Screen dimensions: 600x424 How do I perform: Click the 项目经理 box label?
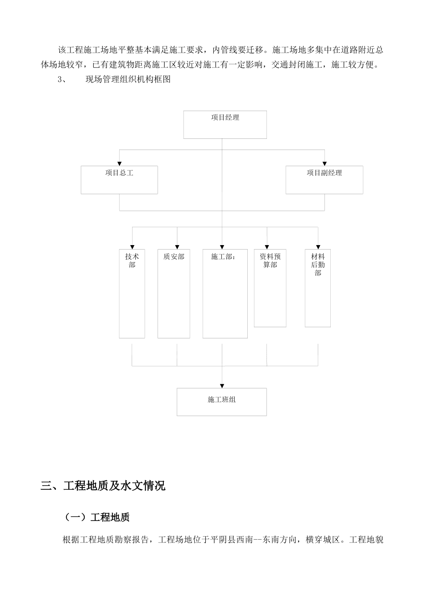coord(225,118)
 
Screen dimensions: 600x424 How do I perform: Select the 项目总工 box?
coord(119,180)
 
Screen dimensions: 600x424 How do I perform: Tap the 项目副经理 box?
coord(324,180)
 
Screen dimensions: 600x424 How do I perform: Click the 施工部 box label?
coord(223,257)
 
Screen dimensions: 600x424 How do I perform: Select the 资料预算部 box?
coord(270,288)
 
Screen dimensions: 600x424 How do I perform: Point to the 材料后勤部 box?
coord(318,288)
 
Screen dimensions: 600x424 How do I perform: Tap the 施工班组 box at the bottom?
coord(222,402)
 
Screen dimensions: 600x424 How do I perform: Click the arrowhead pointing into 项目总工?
coord(119,163)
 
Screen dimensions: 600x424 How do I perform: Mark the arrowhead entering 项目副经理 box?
coord(324,163)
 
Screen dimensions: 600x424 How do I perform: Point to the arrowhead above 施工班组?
coord(222,385)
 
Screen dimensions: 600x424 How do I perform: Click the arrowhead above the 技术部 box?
coord(132,246)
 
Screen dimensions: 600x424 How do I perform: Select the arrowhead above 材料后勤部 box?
coord(318,246)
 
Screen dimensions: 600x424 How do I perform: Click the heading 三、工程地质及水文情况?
coord(103,486)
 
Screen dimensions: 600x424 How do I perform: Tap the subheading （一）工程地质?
coord(97,517)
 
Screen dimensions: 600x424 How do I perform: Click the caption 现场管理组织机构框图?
coord(128,80)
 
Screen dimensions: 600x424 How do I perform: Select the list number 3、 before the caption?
coord(62,80)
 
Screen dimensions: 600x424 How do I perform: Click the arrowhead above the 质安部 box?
coord(177,246)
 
